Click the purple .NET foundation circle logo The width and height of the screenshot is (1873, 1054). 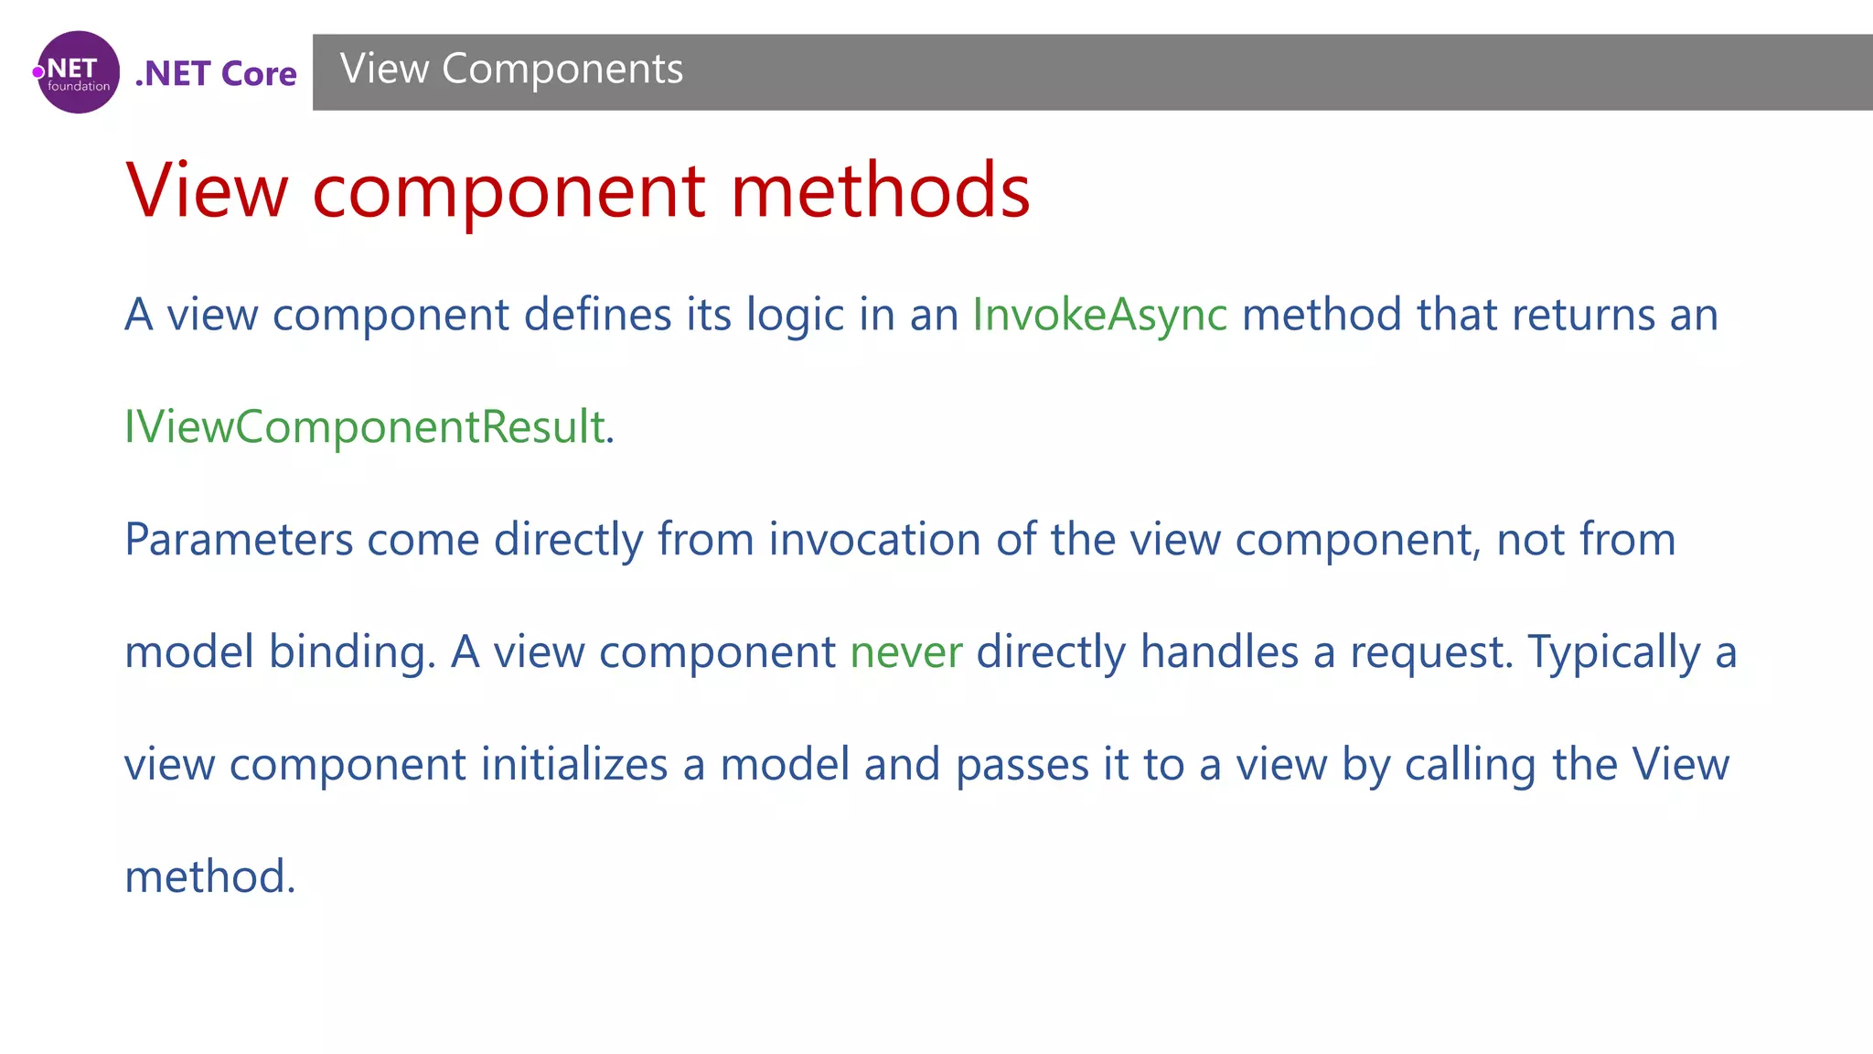pyautogui.click(x=79, y=72)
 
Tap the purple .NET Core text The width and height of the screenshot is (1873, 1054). pyautogui.click(x=216, y=74)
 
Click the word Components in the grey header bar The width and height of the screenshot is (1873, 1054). pyautogui.click(x=562, y=70)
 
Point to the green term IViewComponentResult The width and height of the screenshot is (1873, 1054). pyautogui.click(x=365, y=427)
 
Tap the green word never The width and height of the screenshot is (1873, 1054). pyautogui.click(x=905, y=652)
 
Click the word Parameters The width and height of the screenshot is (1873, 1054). pyautogui.click(x=239, y=540)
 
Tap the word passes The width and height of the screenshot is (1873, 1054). pyautogui.click(x=1022, y=765)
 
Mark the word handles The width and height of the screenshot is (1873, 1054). pyautogui.click(x=1219, y=652)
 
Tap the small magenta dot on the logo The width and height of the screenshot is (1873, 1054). pyautogui.click(x=38, y=72)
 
